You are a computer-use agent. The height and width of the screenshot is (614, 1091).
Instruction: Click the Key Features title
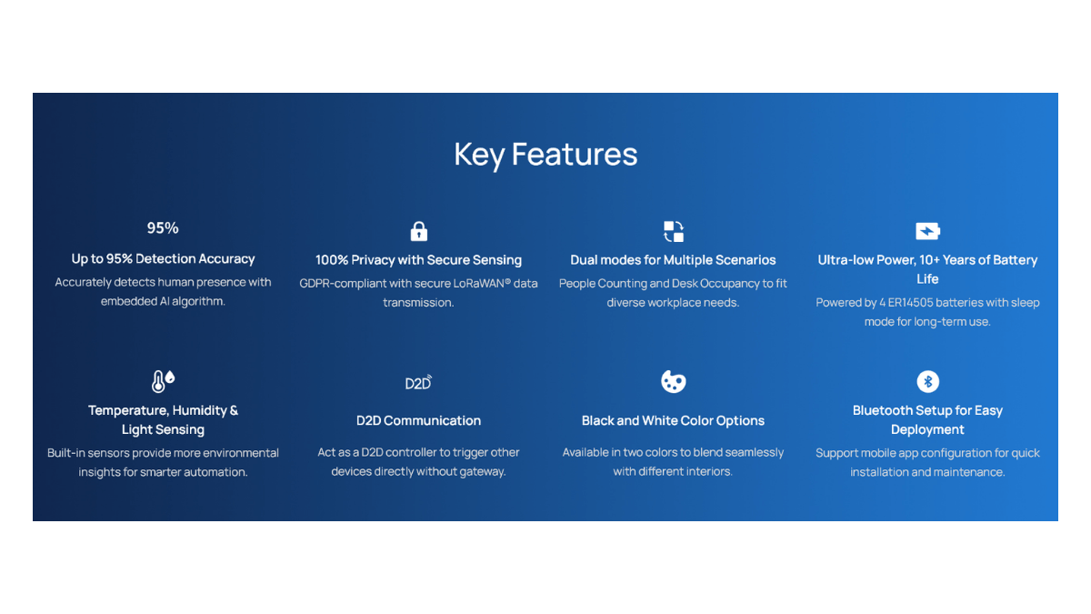tap(545, 155)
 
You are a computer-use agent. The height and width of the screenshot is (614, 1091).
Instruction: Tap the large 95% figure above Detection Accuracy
tap(163, 228)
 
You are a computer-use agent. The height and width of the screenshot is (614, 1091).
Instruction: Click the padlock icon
tap(418, 231)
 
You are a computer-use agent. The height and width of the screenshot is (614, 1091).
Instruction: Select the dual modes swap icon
tap(673, 231)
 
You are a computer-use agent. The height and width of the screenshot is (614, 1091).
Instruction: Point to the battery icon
tap(927, 231)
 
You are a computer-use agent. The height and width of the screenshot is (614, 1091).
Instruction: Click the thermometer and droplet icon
tap(163, 381)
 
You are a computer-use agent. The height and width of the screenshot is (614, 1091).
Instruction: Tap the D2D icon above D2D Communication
tap(418, 383)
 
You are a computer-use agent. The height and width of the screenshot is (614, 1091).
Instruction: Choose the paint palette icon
tap(673, 381)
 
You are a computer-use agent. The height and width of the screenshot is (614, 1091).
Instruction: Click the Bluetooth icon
tap(927, 381)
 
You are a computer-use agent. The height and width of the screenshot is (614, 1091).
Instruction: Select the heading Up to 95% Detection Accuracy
tap(163, 258)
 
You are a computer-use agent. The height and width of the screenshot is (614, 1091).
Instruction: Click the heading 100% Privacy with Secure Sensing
tap(418, 260)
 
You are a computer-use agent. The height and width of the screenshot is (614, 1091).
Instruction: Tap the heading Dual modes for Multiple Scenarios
tap(673, 260)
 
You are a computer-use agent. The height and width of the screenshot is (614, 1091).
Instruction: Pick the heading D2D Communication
tap(418, 420)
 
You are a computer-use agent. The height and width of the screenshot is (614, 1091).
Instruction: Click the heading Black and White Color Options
tap(673, 420)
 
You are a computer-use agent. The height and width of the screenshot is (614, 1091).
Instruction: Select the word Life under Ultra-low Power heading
tap(927, 279)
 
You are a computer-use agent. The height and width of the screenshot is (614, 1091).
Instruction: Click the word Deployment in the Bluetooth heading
tap(927, 429)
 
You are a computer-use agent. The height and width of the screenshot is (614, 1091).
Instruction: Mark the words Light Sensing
tap(163, 429)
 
